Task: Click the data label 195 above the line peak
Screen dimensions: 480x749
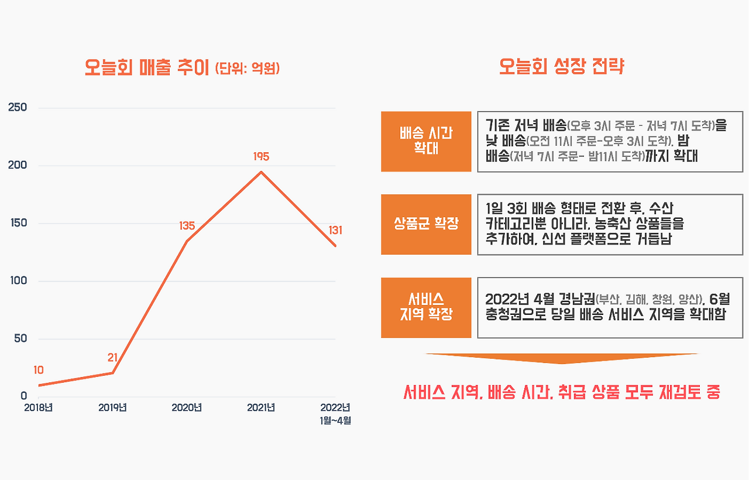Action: pyautogui.click(x=261, y=157)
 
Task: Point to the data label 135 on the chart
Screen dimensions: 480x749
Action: pyautogui.click(x=187, y=226)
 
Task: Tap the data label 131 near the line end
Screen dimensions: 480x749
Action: pyautogui.click(x=335, y=231)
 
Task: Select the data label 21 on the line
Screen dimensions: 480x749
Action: pyautogui.click(x=113, y=358)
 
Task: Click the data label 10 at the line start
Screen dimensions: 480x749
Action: pyautogui.click(x=39, y=370)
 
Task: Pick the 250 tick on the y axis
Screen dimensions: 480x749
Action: pyautogui.click(x=17, y=108)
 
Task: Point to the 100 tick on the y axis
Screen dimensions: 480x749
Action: pyautogui.click(x=17, y=281)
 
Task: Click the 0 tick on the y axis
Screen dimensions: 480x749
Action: pyautogui.click(x=23, y=396)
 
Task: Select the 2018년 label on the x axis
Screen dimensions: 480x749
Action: pyautogui.click(x=38, y=407)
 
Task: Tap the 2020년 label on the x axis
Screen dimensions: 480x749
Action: pyautogui.click(x=187, y=407)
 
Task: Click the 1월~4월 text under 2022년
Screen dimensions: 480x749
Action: pyautogui.click(x=335, y=421)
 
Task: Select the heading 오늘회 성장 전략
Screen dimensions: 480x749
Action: pyautogui.click(x=562, y=66)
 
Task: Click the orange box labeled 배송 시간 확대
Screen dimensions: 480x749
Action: pyautogui.click(x=426, y=141)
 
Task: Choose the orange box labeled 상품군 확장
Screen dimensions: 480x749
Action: pyautogui.click(x=426, y=224)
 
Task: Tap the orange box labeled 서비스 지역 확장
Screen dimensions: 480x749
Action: pyautogui.click(x=426, y=307)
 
